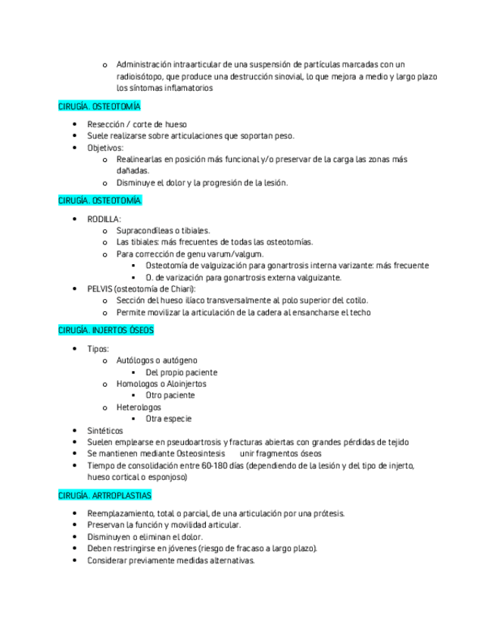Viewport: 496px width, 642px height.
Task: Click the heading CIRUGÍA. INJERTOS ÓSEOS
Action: click(105, 331)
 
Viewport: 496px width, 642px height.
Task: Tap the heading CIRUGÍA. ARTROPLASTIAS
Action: click(105, 495)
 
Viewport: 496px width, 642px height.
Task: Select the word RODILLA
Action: click(103, 219)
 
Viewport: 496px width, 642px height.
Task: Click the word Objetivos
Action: click(105, 148)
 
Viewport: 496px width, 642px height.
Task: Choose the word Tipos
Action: click(98, 349)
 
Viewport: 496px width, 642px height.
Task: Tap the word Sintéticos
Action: click(105, 430)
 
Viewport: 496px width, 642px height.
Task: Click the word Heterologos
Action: click(139, 407)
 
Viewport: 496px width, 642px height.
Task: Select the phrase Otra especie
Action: click(168, 419)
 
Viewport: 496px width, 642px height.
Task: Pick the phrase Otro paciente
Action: click(170, 395)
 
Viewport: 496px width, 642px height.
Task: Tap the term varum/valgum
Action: click(220, 254)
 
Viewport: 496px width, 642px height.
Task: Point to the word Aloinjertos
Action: click(181, 384)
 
